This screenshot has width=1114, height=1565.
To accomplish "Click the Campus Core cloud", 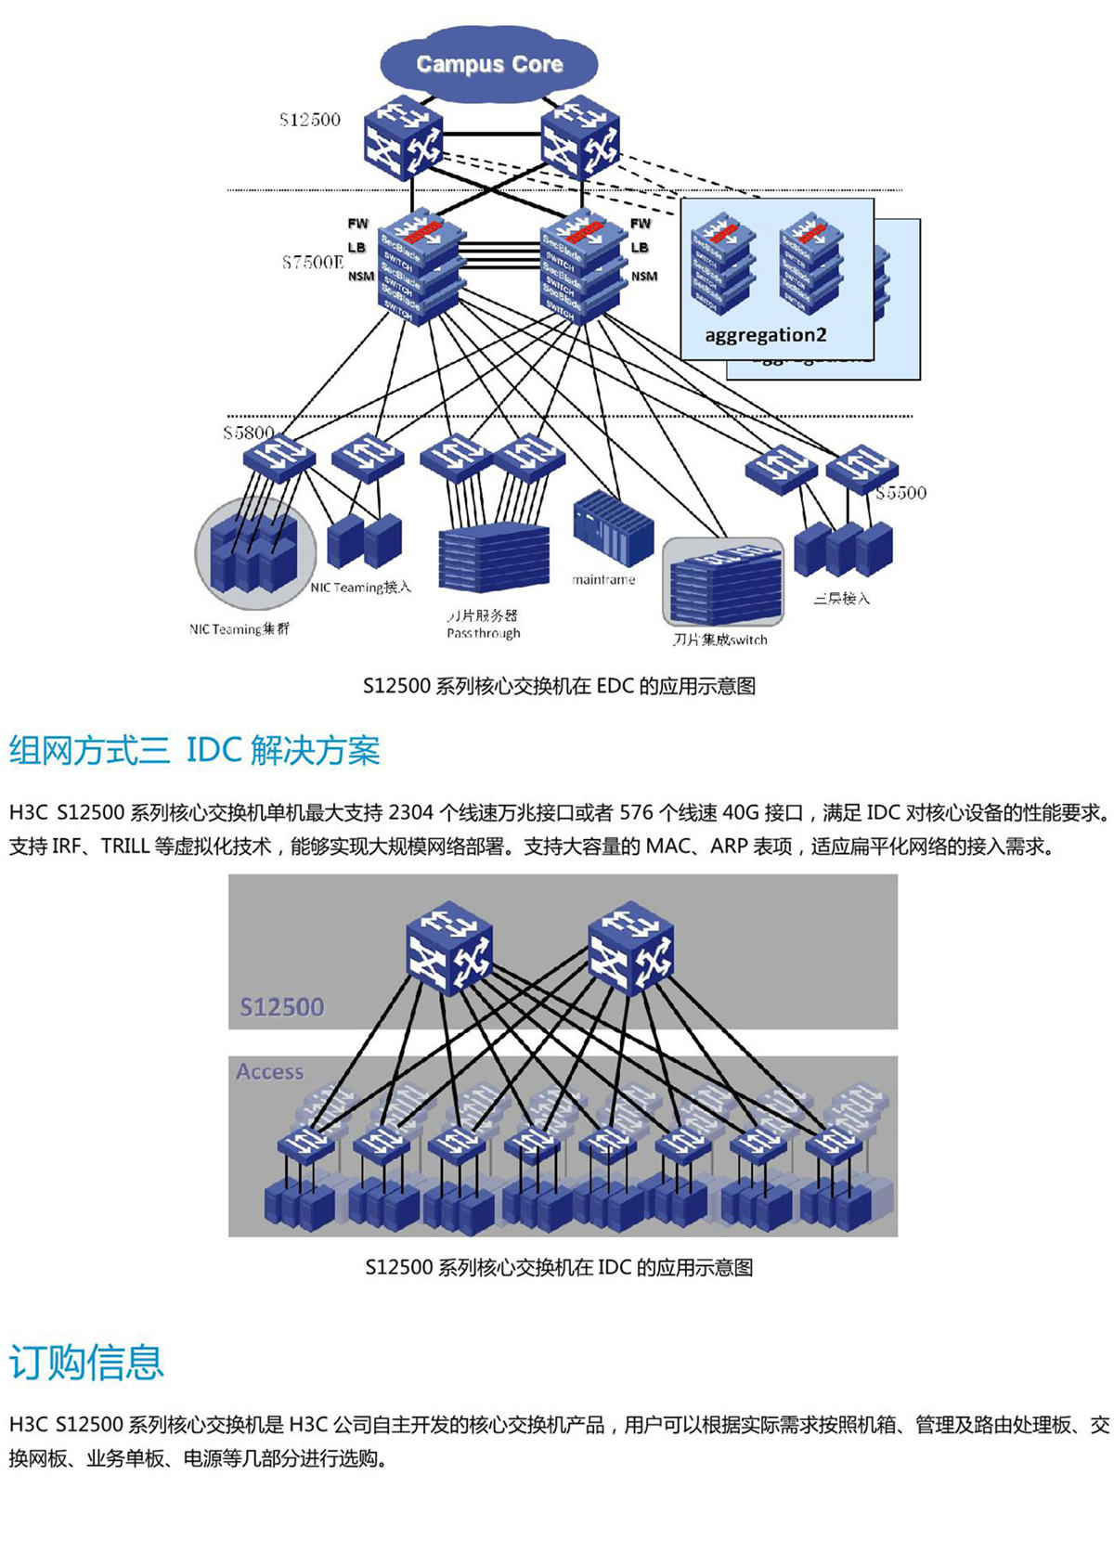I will click(489, 63).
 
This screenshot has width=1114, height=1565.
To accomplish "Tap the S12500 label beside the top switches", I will click(310, 120).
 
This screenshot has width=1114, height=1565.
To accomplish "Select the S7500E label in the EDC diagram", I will click(313, 263).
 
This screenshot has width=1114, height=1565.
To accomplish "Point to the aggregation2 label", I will click(766, 334).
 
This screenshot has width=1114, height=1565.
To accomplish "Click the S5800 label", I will click(248, 433).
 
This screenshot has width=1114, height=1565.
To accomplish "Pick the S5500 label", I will click(900, 493).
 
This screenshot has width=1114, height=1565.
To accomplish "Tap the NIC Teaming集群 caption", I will click(240, 628).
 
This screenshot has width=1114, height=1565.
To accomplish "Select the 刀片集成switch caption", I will click(720, 640).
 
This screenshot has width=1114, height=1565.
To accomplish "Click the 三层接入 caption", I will click(842, 599).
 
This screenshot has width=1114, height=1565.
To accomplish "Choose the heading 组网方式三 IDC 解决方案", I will click(195, 750).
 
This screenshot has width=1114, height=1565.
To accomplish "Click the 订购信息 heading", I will click(86, 1362).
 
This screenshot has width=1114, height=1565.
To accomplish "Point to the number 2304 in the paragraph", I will click(410, 813).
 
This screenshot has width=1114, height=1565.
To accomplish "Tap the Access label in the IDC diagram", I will click(269, 1071).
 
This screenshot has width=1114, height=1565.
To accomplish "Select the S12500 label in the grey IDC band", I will click(282, 1007).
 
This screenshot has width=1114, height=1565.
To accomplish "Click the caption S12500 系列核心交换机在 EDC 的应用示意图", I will click(559, 686).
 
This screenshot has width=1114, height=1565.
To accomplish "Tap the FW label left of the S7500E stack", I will click(357, 224).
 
